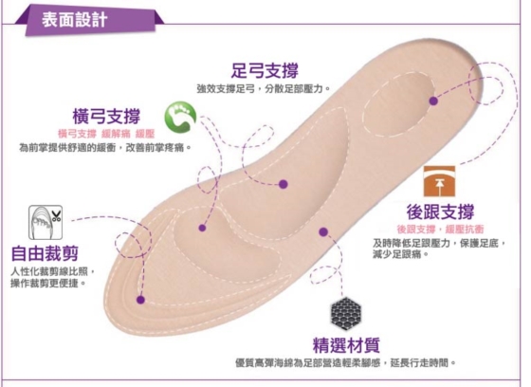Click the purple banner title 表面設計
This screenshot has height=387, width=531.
(75, 19)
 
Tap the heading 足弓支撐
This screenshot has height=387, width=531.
(265, 70)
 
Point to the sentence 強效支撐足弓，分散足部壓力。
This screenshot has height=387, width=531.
(264, 89)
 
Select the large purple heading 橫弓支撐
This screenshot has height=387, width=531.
(106, 116)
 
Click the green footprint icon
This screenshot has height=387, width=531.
(180, 117)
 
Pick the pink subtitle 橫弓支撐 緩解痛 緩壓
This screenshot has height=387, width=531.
(106, 134)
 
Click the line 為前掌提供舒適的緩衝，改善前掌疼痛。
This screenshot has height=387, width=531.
(105, 148)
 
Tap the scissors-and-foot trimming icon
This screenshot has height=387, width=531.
(46, 222)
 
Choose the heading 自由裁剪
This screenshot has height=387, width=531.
(45, 254)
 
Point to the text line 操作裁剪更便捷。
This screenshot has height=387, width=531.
(47, 284)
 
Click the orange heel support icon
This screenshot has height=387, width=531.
(439, 181)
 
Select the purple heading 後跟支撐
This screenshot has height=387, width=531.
(440, 212)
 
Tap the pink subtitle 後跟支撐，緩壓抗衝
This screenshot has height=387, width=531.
(440, 230)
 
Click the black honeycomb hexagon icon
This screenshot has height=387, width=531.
(346, 314)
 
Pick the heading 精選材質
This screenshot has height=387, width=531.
(346, 345)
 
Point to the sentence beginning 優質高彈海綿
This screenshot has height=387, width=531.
(345, 363)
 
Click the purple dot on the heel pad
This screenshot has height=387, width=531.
(433, 101)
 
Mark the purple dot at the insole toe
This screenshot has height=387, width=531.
(140, 300)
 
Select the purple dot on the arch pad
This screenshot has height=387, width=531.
(284, 184)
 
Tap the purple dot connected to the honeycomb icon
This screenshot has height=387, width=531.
(323, 231)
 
